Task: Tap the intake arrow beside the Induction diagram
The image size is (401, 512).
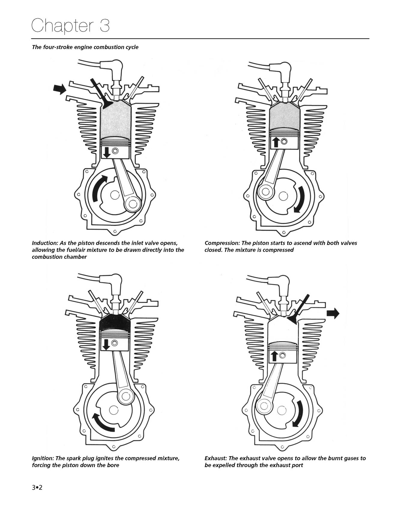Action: pos(59,88)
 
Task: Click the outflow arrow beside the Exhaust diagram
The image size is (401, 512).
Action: pos(333,313)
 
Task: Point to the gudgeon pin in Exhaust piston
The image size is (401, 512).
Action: pos(282,355)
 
